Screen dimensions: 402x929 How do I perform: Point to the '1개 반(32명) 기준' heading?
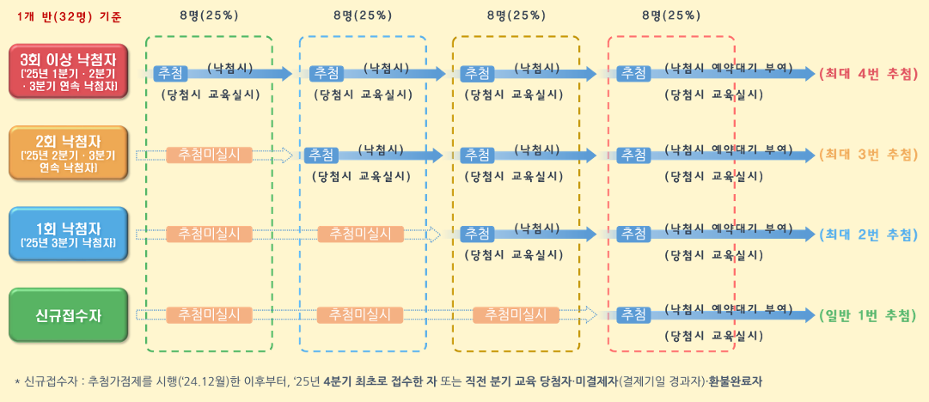[69, 15]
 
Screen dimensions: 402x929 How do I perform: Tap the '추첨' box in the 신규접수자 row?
[634, 314]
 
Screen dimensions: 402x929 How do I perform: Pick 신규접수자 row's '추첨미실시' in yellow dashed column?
[510, 314]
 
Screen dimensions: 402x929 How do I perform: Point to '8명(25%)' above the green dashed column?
[210, 15]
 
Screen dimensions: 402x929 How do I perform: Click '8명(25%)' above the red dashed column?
[671, 15]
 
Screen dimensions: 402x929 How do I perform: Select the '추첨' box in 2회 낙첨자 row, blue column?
[324, 155]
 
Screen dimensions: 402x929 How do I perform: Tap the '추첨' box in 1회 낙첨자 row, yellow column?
[476, 234]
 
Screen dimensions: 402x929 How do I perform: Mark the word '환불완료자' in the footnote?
[736, 381]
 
